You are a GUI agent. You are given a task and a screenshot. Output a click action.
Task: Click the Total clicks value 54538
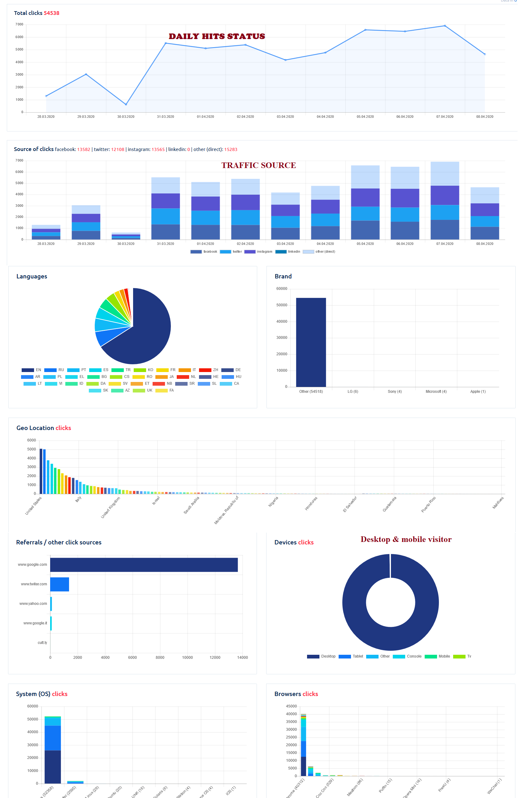51,13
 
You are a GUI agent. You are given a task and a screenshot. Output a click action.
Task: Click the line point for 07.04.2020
445,26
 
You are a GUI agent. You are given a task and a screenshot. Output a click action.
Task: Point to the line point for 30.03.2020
126,104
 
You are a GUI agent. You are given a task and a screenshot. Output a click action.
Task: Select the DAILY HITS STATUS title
217,36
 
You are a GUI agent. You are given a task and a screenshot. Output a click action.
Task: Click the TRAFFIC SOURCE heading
258,165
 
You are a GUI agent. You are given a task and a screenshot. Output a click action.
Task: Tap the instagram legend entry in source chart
258,251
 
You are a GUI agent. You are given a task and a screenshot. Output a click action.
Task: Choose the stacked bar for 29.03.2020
86,222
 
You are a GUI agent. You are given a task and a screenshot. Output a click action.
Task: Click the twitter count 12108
118,149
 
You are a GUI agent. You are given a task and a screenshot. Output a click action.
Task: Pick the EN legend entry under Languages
32,370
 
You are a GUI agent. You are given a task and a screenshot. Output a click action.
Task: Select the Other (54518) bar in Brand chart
311,342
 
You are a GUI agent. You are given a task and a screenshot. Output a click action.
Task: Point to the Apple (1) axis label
478,392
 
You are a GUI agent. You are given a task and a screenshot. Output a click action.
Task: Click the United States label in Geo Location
33,505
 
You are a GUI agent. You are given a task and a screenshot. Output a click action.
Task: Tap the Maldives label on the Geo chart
498,503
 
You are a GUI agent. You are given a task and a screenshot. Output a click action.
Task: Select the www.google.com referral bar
144,565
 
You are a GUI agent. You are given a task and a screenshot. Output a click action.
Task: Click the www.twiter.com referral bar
60,584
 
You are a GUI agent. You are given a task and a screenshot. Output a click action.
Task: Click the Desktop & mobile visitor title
406,539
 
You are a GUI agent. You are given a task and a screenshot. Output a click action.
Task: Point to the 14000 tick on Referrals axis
242,658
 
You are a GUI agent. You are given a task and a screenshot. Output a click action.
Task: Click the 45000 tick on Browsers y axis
291,706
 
